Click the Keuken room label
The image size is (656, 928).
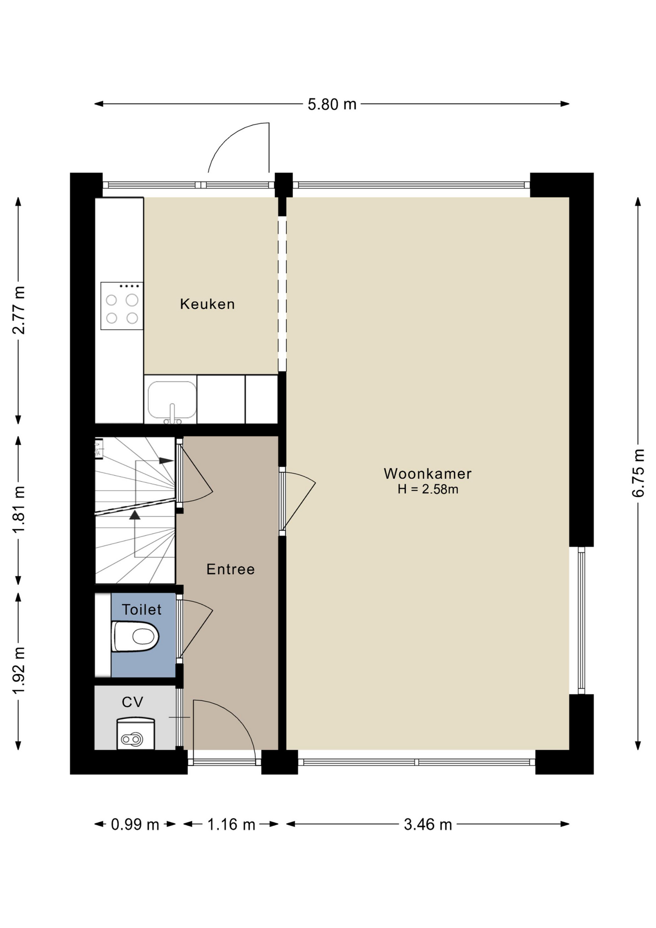[207, 304]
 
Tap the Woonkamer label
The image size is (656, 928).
[428, 474]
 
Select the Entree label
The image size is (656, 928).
[230, 569]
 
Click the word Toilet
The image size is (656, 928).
[142, 609]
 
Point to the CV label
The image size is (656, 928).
[132, 702]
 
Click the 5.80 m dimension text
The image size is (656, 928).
[332, 104]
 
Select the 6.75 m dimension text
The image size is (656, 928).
[638, 473]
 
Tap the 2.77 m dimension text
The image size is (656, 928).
[19, 310]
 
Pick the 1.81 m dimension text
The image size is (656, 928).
[19, 510]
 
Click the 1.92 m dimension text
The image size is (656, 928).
[19, 670]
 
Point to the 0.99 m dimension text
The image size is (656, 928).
[135, 824]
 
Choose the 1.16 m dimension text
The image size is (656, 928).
[231, 824]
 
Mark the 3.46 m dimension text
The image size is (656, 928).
[428, 824]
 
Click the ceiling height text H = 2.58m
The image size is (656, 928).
[428, 489]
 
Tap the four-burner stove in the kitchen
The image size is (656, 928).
[122, 306]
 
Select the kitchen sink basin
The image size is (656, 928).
[172, 400]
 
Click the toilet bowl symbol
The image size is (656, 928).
[135, 637]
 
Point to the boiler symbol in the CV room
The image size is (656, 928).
[136, 734]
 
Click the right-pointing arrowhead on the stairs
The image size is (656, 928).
[166, 461]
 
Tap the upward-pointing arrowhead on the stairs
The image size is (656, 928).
[135, 515]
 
